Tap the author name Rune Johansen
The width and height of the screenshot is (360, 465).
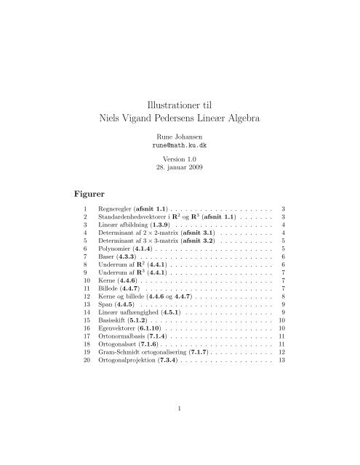180,136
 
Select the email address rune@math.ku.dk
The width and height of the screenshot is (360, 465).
180,145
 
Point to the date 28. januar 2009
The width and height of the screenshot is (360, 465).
180,169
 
